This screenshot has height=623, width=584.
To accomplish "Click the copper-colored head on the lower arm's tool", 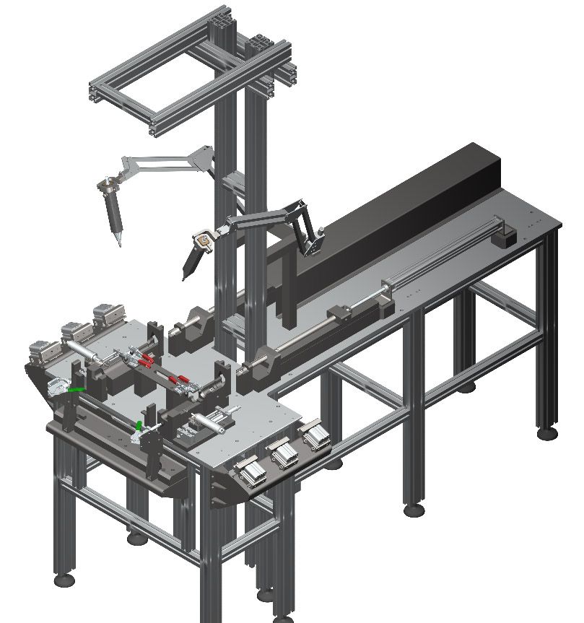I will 204,236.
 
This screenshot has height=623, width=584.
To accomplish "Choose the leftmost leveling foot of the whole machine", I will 63,578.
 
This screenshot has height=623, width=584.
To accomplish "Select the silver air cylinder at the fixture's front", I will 209,422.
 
